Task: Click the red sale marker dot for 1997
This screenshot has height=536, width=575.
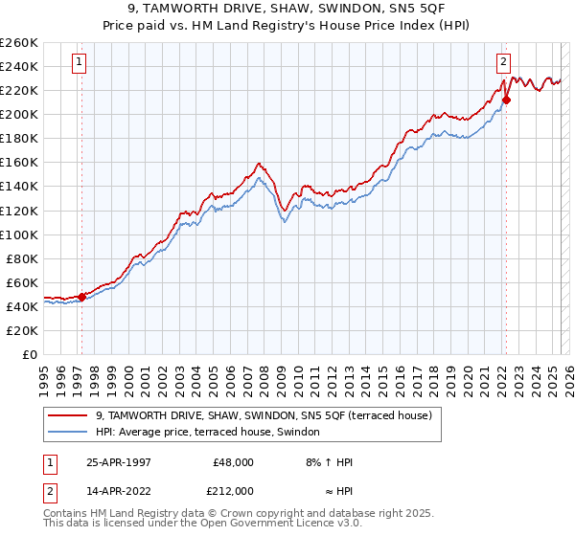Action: [82, 297]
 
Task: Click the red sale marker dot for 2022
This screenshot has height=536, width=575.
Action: [506, 100]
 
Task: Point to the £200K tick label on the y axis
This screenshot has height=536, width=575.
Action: [18, 114]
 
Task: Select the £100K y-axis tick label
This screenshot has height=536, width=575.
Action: [18, 234]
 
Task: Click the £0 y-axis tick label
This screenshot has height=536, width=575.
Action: [29, 354]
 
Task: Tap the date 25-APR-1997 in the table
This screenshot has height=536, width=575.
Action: [118, 461]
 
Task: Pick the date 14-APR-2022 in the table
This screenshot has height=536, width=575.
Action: [118, 490]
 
